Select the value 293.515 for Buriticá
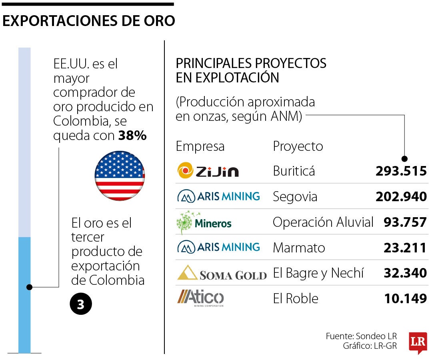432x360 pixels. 401,171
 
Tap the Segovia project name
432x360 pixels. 295,197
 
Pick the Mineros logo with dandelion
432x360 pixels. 204,222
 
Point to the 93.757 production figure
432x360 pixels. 405,222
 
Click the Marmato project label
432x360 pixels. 299,248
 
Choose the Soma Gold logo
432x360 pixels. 222,273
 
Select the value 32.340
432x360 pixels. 405,273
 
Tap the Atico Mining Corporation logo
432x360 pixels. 201,298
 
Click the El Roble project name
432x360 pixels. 296,298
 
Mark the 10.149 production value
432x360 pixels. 406,298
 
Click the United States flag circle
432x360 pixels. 120,176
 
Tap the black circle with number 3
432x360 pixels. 81,304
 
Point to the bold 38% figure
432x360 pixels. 132,136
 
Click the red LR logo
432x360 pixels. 418,342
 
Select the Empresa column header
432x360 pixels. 200,146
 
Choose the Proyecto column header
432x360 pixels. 298,146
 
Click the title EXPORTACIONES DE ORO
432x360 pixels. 88,21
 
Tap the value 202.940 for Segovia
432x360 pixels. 401,197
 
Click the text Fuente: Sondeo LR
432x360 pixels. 361,336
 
